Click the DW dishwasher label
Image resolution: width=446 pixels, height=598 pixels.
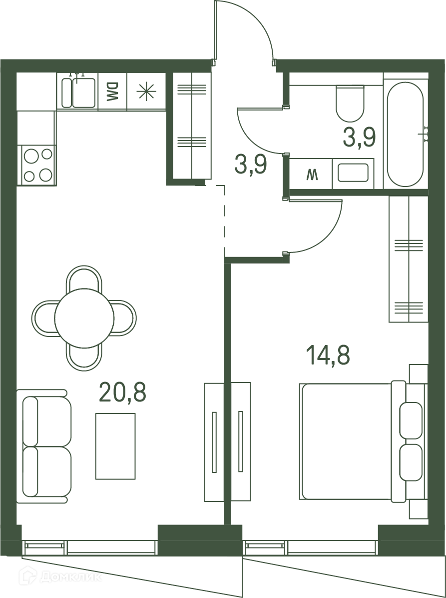[x=112, y=92]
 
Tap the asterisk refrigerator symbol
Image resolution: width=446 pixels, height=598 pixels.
[x=147, y=92]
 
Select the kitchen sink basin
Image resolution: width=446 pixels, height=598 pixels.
[x=84, y=92]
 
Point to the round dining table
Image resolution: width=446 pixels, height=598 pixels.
[x=84, y=318]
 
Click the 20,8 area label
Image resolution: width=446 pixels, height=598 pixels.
[x=122, y=392]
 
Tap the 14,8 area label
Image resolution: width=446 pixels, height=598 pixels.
[x=328, y=355]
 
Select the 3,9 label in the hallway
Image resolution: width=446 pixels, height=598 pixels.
[x=251, y=165]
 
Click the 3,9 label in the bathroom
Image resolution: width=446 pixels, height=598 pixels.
[x=360, y=137]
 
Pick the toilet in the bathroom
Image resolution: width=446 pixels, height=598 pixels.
[x=350, y=103]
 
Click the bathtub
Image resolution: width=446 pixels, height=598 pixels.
[x=405, y=134]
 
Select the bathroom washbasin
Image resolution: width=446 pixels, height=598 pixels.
[x=353, y=173]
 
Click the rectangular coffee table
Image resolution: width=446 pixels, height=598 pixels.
[x=115, y=446]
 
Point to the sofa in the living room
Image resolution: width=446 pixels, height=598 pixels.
[x=44, y=446]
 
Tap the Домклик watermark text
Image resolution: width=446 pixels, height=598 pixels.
[x=71, y=577]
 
